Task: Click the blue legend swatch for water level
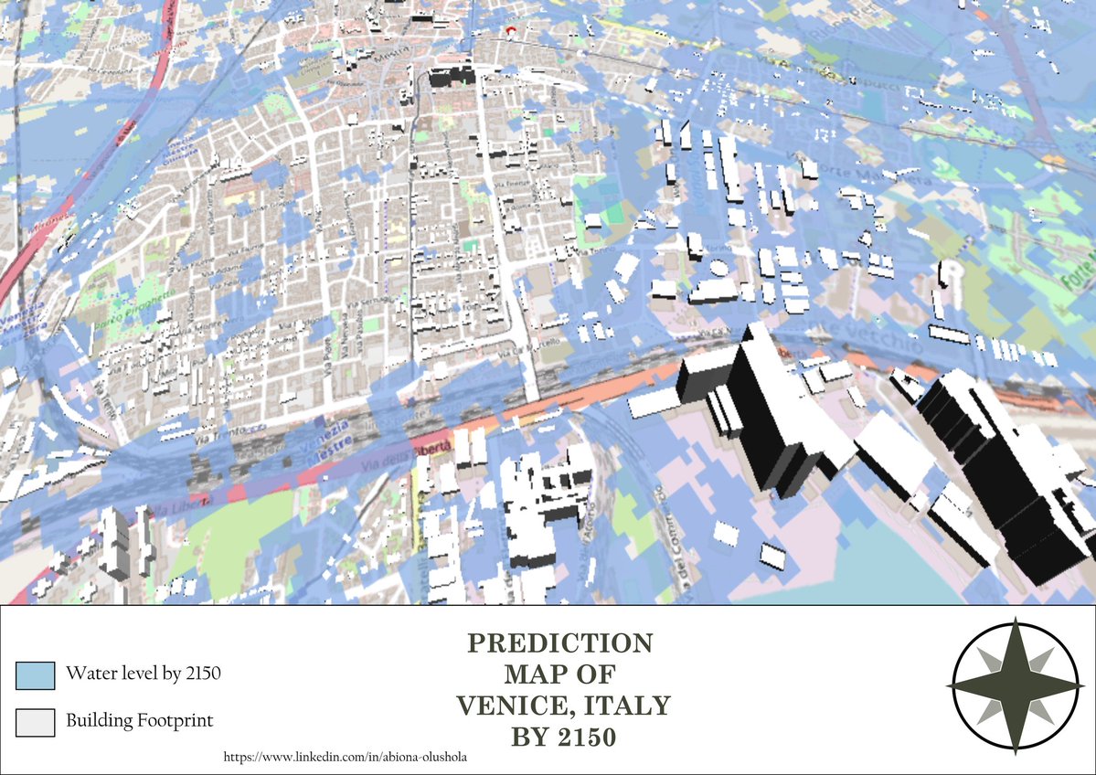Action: [x=36, y=675]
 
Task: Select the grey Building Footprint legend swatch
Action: [x=36, y=722]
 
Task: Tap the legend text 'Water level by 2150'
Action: [x=144, y=674]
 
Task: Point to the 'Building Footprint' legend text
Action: [x=139, y=720]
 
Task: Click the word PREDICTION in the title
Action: [x=560, y=643]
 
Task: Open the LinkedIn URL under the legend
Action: [x=352, y=758]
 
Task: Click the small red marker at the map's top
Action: [x=509, y=31]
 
